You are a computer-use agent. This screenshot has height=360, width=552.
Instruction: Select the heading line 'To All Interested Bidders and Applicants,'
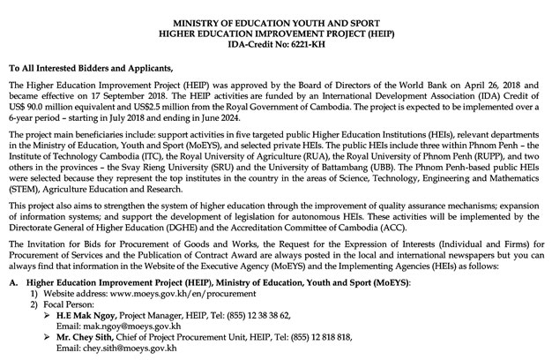[102, 68]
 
